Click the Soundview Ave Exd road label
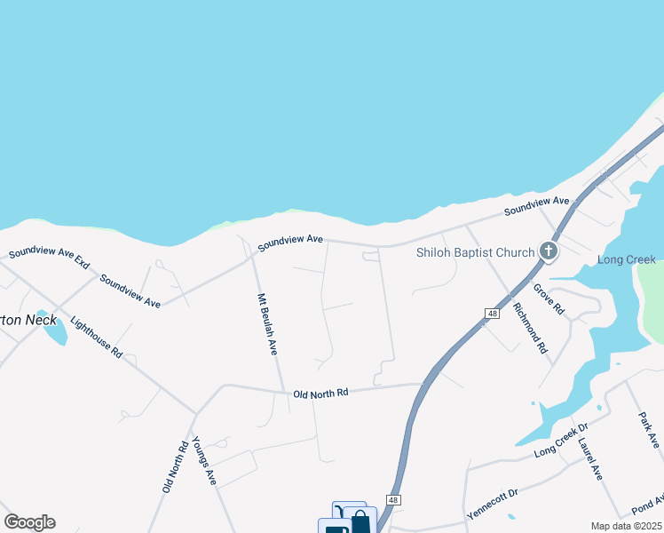point(50,258)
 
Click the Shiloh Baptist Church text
point(476,252)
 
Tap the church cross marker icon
point(548,251)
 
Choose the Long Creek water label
point(626,259)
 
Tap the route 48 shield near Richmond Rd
point(492,313)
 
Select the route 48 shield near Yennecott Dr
point(394,500)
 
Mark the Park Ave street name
point(648,429)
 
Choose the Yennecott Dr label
point(493,504)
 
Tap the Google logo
point(29,522)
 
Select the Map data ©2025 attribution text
point(626,526)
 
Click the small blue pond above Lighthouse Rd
point(54,331)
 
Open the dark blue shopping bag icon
point(360,522)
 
